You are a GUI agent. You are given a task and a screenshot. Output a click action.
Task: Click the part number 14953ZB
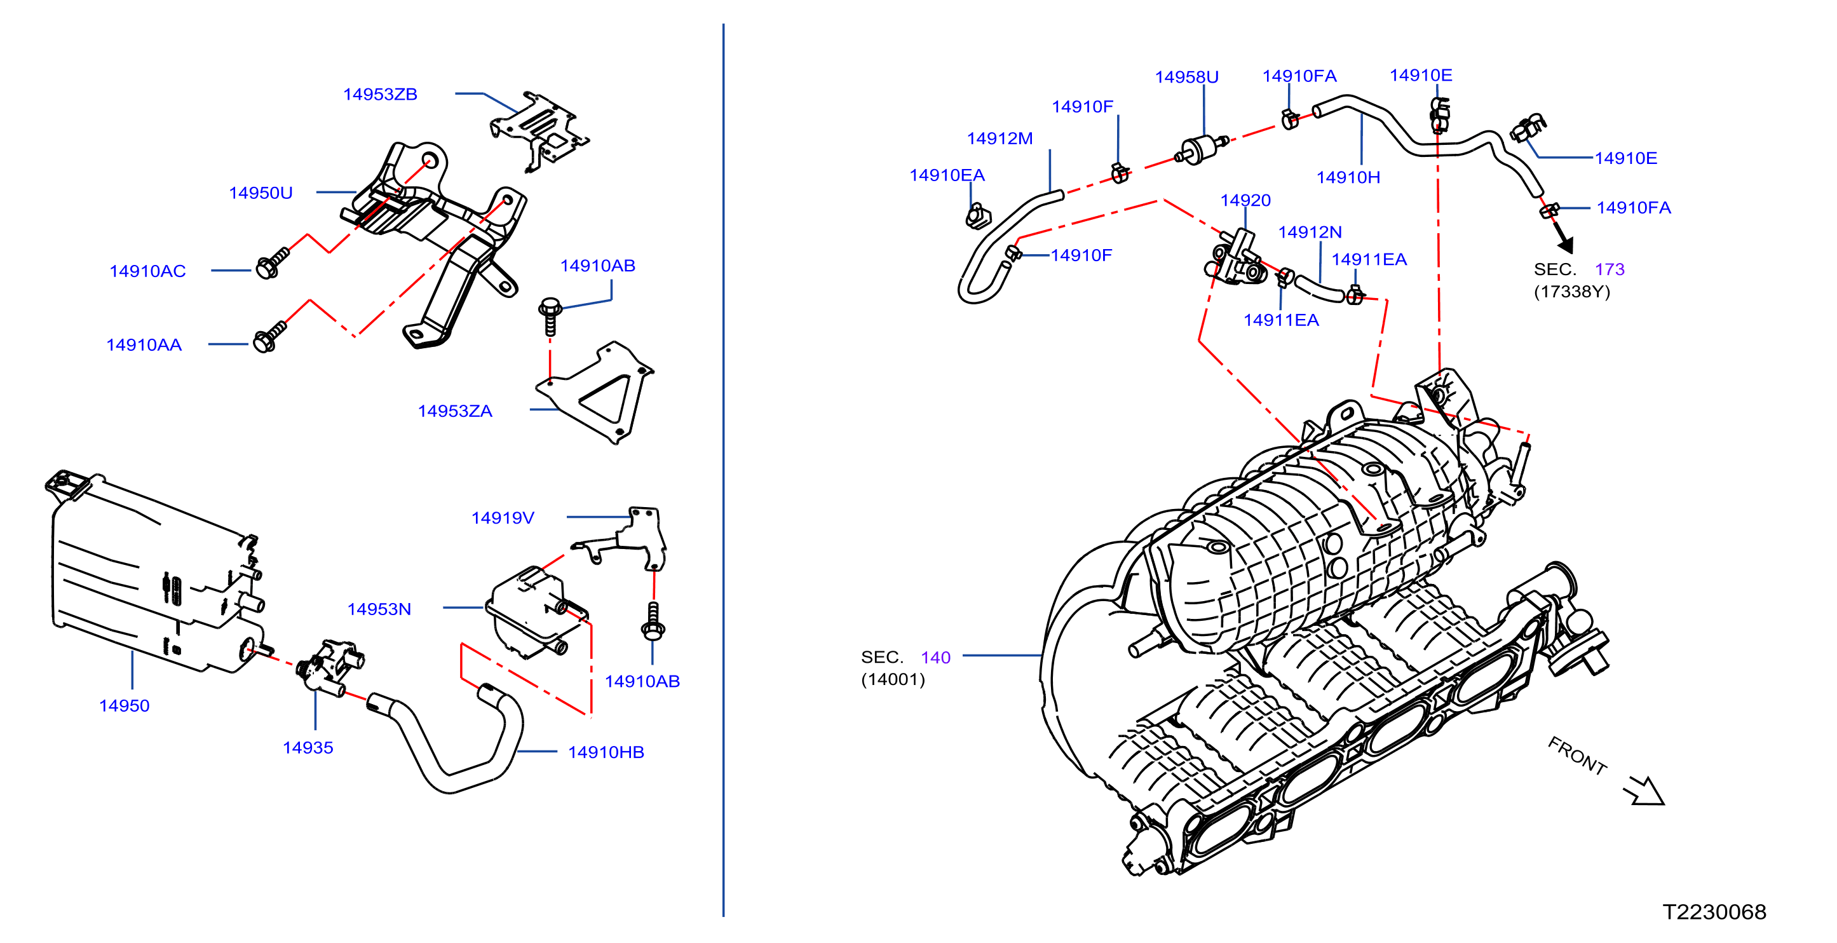tap(380, 94)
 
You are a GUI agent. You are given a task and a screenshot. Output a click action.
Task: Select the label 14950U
tap(261, 193)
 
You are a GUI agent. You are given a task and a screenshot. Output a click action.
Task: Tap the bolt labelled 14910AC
tap(272, 262)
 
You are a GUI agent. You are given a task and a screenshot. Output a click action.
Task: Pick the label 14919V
tap(503, 518)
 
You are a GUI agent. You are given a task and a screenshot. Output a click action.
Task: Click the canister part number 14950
tap(124, 705)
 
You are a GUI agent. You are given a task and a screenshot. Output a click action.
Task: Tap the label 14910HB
tap(606, 752)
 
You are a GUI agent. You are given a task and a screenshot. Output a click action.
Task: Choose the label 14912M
tap(1000, 139)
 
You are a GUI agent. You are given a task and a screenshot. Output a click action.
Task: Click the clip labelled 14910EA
tap(978, 215)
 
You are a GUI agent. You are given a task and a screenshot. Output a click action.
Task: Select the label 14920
tap(1245, 200)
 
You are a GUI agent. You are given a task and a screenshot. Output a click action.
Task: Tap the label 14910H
tap(1348, 178)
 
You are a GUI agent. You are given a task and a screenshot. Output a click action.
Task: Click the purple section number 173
tap(1610, 269)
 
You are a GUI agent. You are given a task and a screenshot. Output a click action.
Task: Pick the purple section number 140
tap(935, 657)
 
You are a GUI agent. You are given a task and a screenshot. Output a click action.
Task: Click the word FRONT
tap(1576, 756)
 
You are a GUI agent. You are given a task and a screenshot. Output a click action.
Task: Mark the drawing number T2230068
tap(1714, 912)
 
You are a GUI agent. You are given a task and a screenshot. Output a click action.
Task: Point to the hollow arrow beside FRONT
tap(1644, 790)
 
